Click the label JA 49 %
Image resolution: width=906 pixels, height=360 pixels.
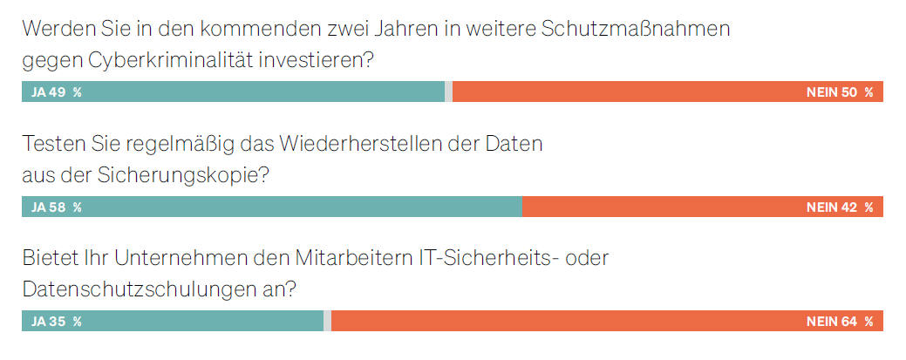point(56,92)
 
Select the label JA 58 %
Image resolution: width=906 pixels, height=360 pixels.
point(56,207)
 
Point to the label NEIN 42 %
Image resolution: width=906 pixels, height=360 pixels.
point(839,207)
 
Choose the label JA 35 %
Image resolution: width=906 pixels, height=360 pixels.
point(56,322)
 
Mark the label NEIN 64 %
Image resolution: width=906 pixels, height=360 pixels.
point(839,322)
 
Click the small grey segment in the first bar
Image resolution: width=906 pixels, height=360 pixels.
point(448,92)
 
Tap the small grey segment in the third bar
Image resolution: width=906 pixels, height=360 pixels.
point(327,322)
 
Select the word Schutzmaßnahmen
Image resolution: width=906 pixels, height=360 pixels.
point(636,29)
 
